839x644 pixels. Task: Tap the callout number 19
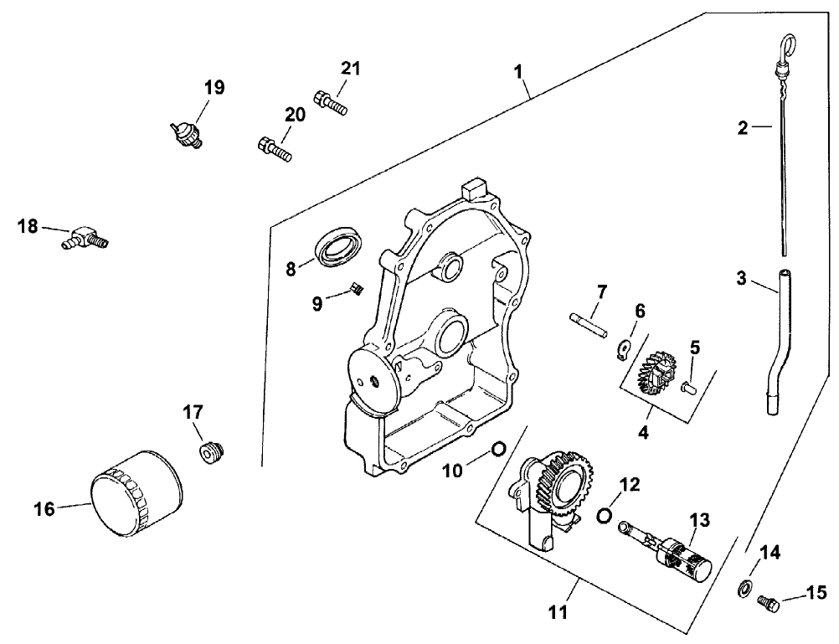[214, 88]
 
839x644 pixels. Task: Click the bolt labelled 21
[331, 104]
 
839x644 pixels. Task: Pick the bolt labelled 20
[273, 149]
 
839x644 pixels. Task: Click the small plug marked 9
[355, 291]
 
